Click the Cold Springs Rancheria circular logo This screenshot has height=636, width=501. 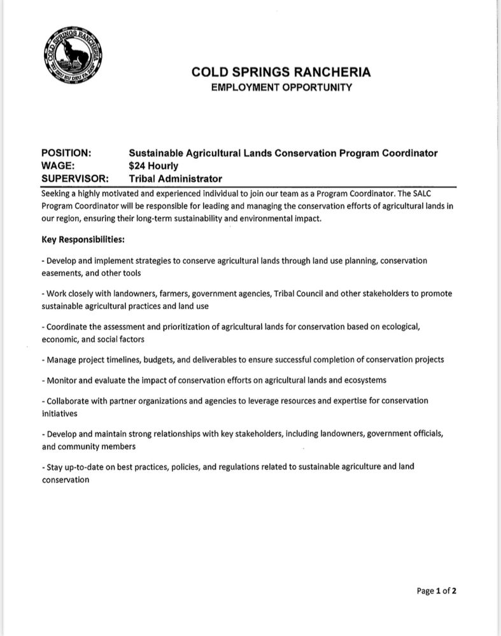(75, 56)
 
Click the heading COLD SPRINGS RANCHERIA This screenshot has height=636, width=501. (281, 73)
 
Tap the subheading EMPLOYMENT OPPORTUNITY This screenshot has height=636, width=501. (281, 87)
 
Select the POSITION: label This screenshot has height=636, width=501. (66, 153)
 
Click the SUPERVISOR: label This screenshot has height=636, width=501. (74, 179)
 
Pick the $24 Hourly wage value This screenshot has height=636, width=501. (153, 166)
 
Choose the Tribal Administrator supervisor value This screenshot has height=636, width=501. (175, 179)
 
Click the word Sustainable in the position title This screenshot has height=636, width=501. (155, 153)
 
